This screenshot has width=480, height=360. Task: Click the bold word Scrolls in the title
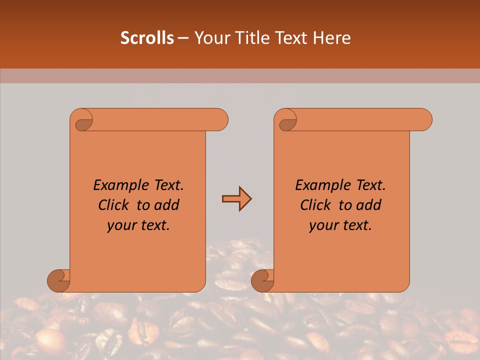(x=147, y=38)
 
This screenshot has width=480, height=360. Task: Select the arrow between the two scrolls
(x=236, y=199)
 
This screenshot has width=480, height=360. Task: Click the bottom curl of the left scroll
(x=58, y=280)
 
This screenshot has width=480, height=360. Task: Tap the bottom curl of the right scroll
(x=262, y=280)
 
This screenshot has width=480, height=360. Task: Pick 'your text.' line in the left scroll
(x=138, y=225)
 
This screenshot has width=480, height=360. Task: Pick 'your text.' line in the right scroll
(x=340, y=225)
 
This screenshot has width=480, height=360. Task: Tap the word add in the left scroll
(x=167, y=205)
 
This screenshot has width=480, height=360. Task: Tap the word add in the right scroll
(x=369, y=205)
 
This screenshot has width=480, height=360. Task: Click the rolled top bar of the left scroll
(x=160, y=120)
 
